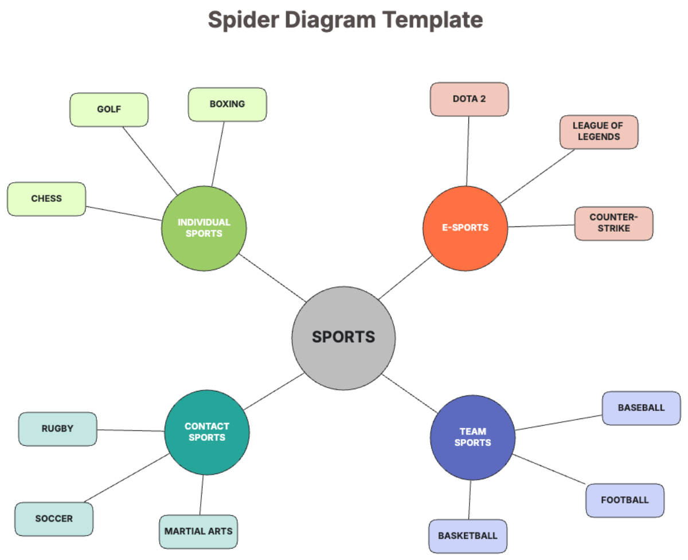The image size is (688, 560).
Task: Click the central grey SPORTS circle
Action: pos(343,337)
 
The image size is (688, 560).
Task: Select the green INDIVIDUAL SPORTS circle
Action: pos(204,228)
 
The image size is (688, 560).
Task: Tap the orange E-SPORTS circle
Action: pos(465,228)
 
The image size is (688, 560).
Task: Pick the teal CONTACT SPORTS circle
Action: pos(207,432)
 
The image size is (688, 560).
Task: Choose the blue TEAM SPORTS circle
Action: pos(472,437)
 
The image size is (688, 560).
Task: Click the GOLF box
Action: pos(109,109)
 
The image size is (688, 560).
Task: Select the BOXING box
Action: pos(227,104)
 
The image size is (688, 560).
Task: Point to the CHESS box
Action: pos(46,199)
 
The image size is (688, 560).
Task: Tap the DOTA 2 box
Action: pos(469,99)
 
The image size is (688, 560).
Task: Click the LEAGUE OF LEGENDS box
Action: pos(599,131)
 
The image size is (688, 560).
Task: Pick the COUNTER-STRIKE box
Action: pos(613,223)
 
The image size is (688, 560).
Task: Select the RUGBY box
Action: pos(57,429)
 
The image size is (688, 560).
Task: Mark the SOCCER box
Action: pos(54,519)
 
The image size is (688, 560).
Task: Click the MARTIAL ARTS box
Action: pos(198,531)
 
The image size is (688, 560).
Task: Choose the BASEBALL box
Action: pos(641,408)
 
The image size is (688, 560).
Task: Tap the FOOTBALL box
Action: pos(624,500)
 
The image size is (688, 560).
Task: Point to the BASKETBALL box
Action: pos(468,536)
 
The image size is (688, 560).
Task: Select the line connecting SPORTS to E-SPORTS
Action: pos(405,278)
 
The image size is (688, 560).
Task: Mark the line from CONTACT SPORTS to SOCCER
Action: pos(127,478)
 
